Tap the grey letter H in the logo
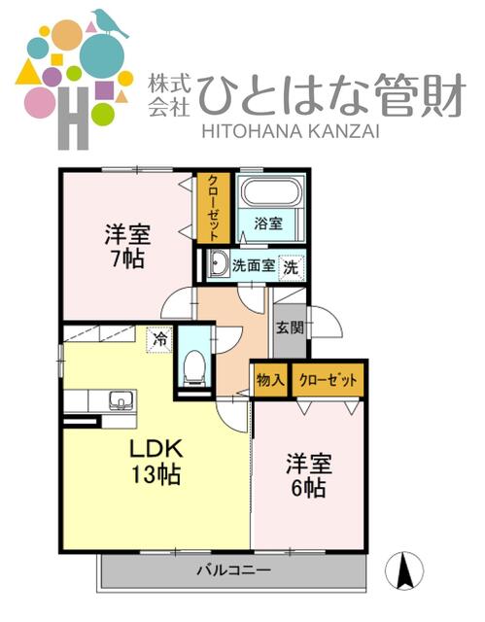point(73,119)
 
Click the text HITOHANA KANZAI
point(291,131)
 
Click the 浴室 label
point(268,224)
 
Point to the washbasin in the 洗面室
point(218,263)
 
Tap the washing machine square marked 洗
point(291,267)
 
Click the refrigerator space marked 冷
point(159,339)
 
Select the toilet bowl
point(194,367)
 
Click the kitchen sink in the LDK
point(121,400)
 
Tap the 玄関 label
point(290,328)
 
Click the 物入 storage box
point(270,380)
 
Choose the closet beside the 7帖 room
point(214,208)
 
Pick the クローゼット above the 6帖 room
point(328,380)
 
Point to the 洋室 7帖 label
point(127,246)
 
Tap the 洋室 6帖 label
point(309,475)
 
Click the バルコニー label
point(234,570)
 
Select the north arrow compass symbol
point(404,570)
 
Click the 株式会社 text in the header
point(170,95)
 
